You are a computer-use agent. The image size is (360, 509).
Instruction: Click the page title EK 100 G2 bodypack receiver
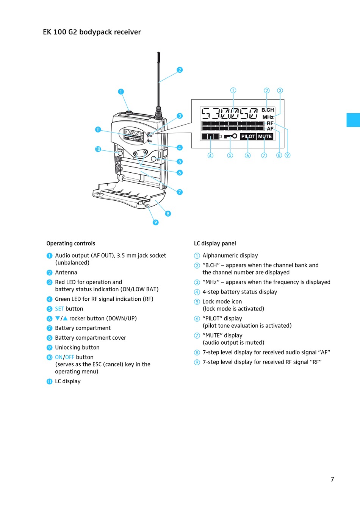[92, 32]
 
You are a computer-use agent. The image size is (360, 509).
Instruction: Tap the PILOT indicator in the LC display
[248, 136]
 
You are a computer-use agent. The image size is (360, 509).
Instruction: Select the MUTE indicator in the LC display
[265, 136]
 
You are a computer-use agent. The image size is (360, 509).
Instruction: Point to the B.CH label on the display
[268, 110]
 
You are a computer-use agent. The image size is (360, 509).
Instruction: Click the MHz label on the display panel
[268, 117]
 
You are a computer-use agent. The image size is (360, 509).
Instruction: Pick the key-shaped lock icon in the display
[230, 136]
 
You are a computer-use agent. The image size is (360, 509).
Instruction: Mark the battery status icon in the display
[211, 136]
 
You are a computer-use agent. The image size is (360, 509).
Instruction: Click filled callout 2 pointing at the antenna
[180, 70]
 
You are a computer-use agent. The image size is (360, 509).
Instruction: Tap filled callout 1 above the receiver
[121, 92]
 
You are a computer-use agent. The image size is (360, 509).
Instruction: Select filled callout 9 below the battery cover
[155, 222]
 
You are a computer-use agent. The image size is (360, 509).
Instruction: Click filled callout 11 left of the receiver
[98, 130]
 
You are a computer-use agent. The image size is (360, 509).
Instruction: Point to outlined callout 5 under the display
[230, 155]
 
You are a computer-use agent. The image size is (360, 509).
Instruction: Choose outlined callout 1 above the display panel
[233, 91]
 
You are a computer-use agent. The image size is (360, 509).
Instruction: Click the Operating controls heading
[71, 244]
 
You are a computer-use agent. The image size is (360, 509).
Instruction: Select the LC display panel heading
[215, 244]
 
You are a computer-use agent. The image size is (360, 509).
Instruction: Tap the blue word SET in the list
[59, 309]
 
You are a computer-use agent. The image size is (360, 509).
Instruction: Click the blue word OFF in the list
[70, 357]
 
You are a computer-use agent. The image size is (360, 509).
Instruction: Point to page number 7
[332, 479]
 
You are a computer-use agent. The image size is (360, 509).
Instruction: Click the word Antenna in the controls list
[66, 273]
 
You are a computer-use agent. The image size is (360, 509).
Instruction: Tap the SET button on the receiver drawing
[154, 159]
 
